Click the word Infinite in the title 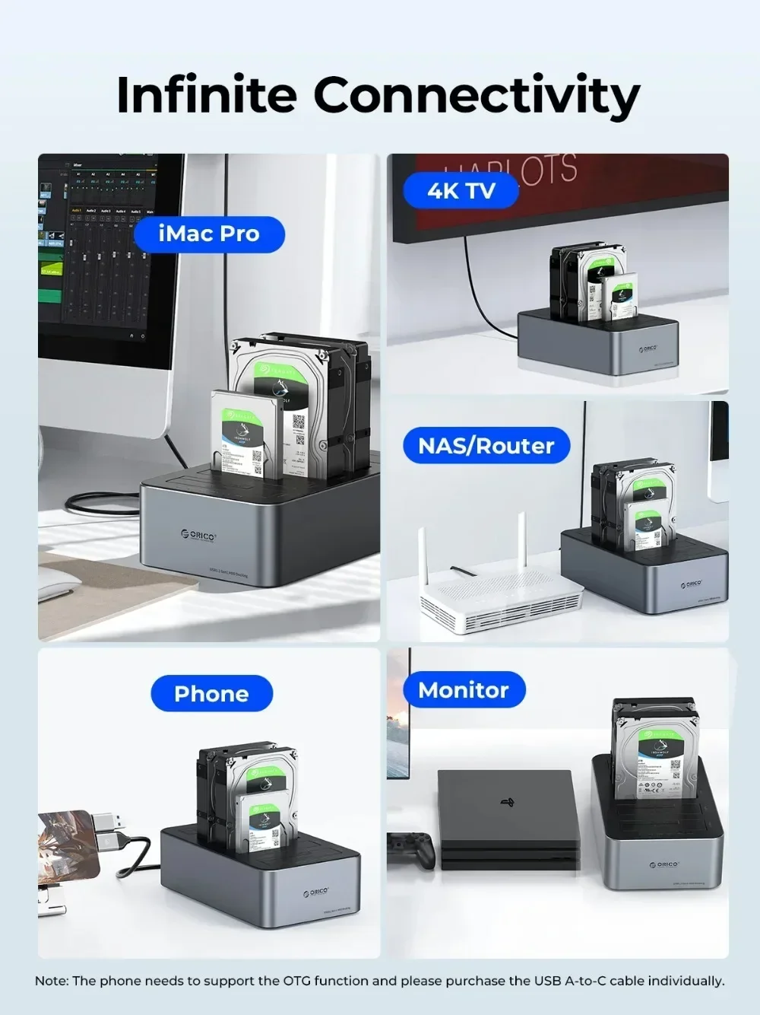pyautogui.click(x=206, y=95)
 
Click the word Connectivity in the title pyautogui.click(x=477, y=97)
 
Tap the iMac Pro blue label pyautogui.click(x=209, y=234)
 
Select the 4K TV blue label pyautogui.click(x=461, y=190)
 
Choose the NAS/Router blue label pyautogui.click(x=486, y=445)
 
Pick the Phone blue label pyautogui.click(x=211, y=693)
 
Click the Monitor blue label pyautogui.click(x=463, y=690)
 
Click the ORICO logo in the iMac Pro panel pyautogui.click(x=199, y=536)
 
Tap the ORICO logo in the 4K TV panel pyautogui.click(x=647, y=348)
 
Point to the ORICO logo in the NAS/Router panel pyautogui.click(x=691, y=584)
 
